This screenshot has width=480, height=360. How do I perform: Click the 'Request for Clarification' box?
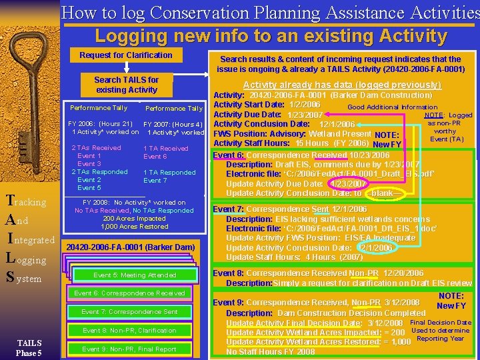click(126, 55)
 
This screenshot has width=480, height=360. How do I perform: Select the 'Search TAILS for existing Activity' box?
click(126, 85)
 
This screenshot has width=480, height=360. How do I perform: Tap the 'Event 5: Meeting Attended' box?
click(135, 275)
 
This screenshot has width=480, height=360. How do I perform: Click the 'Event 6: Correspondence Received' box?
click(129, 293)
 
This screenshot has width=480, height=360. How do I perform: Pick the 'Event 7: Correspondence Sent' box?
click(129, 311)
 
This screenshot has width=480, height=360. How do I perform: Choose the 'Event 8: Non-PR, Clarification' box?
click(129, 330)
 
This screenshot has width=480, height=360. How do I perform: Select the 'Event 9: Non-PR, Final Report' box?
click(129, 349)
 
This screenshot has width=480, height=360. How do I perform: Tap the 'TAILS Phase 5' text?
click(29, 348)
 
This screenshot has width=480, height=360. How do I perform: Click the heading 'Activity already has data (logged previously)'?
click(342, 85)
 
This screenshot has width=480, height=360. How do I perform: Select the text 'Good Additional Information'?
click(392, 107)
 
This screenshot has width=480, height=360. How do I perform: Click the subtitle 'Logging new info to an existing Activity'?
click(270, 35)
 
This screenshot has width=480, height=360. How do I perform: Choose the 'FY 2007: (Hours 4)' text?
click(173, 124)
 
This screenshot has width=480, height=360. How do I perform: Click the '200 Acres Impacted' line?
click(134, 219)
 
